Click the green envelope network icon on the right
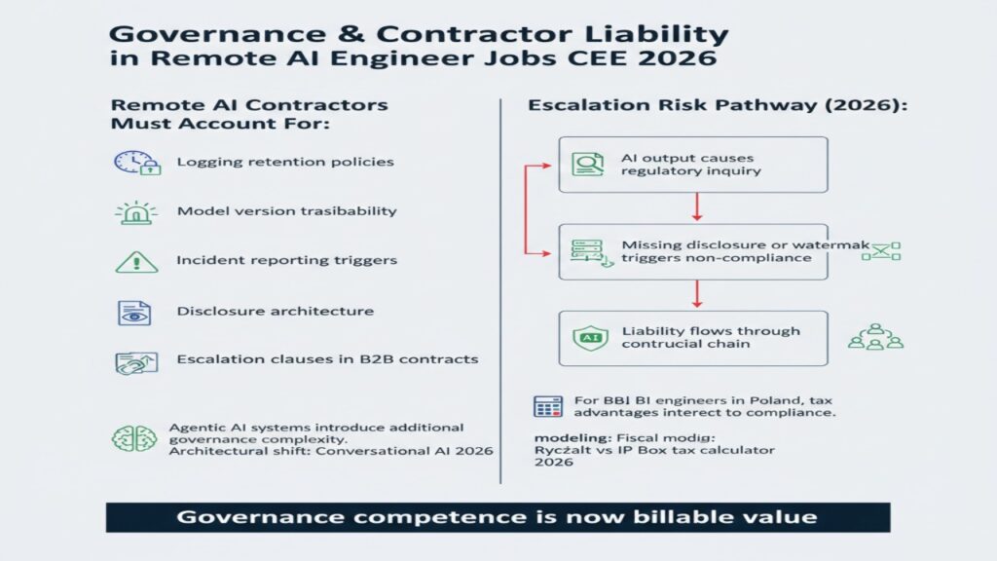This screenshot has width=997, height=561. (886, 251)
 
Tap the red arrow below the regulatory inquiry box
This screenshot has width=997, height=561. (696, 206)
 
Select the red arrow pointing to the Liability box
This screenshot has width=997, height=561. (696, 294)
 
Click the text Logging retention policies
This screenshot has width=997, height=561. (285, 162)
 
